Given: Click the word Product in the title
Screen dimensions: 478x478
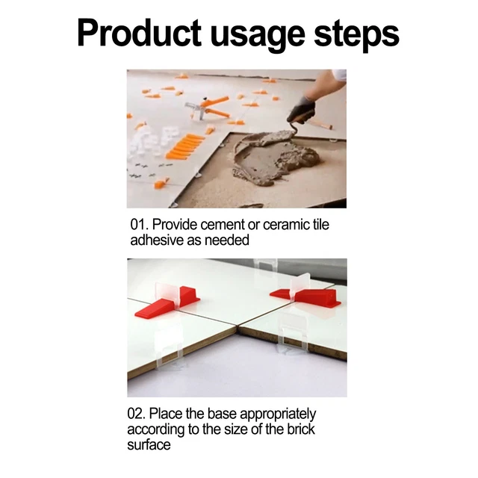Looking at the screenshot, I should (140, 34).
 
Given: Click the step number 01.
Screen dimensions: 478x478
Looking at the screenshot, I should (140, 225).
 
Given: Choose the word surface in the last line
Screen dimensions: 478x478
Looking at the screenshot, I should (149, 445).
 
